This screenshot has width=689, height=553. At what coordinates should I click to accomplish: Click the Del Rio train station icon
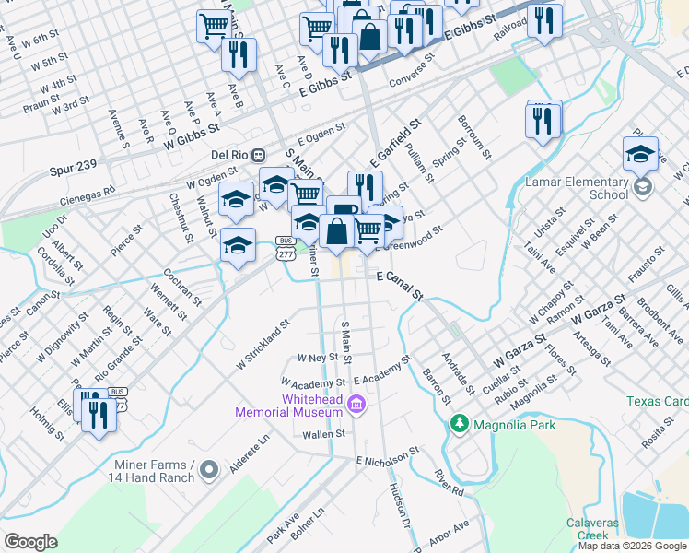pos(260,154)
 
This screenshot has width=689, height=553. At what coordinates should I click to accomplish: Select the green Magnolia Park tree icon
pos(458,423)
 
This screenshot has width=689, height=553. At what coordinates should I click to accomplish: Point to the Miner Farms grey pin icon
pos(209,470)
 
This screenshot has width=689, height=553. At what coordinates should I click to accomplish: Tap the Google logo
pos(30,542)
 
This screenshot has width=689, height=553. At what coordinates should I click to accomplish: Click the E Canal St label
pos(399,283)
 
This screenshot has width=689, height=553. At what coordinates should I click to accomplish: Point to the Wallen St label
pos(323,433)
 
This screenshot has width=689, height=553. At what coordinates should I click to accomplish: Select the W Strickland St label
pos(263,345)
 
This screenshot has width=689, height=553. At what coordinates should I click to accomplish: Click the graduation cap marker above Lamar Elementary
pos(640,155)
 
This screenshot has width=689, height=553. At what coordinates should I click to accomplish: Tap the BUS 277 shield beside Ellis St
pos(117,397)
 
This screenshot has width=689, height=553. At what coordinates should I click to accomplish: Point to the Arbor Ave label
pos(449,531)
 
